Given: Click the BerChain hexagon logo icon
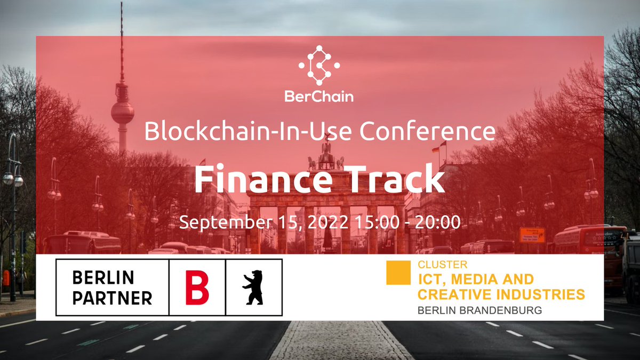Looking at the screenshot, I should [x=319, y=65].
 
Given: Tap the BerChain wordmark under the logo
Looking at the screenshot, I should [x=319, y=97].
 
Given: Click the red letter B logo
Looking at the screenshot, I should [x=197, y=288].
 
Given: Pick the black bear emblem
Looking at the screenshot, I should [x=253, y=288].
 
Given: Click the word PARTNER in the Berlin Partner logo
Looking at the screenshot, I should [x=112, y=298].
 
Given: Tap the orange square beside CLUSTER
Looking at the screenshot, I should [x=398, y=273].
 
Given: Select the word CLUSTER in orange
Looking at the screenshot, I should [x=443, y=265].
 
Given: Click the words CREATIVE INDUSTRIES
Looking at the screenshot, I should [x=501, y=294].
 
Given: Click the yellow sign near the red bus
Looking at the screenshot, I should [x=532, y=235].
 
